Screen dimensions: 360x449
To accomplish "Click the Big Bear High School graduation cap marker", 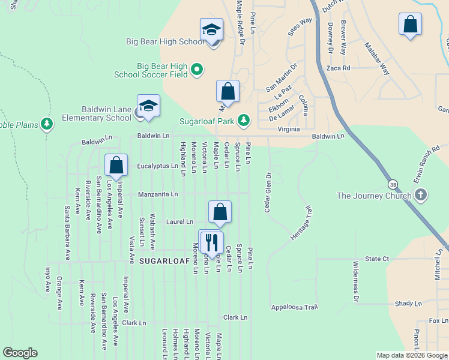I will tap(211, 30).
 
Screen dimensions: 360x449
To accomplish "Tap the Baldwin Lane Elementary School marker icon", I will tap(148, 107).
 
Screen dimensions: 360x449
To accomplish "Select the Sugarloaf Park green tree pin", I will tap(243, 121).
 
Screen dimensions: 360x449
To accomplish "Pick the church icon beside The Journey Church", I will tap(421, 195).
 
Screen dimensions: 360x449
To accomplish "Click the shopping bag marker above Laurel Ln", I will tap(220, 212).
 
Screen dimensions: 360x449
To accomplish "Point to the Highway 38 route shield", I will tap(392, 184).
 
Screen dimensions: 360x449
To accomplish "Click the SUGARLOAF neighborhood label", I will tap(164, 261).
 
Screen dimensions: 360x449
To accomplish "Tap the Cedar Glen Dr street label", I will tap(268, 193).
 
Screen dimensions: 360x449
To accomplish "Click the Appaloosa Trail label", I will tap(294, 307).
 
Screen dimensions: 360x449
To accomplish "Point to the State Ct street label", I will tap(377, 259).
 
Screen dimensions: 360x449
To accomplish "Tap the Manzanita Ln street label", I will tap(158, 194).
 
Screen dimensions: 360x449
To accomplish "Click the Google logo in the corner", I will tap(20, 353).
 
